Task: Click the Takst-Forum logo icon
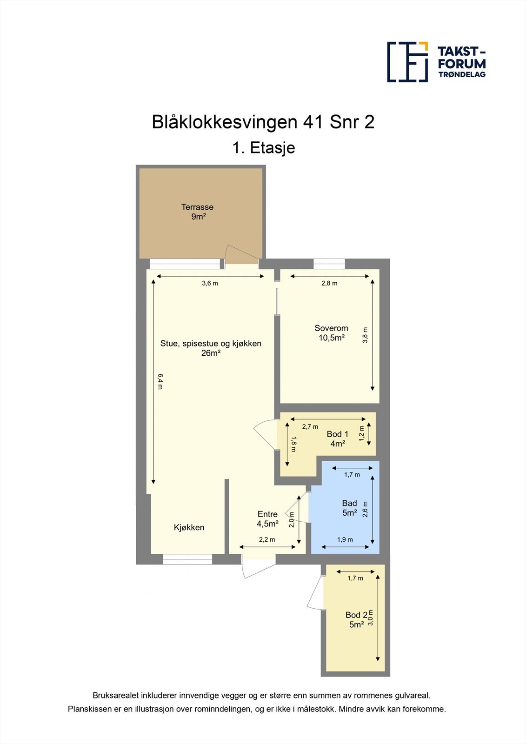point(407,62)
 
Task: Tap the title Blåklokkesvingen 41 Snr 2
point(263,122)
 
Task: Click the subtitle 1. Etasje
point(263,148)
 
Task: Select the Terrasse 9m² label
point(198,212)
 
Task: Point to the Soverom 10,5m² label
point(331,333)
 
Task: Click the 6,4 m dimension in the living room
point(160,381)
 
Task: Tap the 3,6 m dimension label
point(210,283)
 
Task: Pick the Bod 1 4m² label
point(337,438)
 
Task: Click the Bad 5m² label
point(349,508)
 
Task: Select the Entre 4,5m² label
point(267,518)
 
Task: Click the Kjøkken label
point(189,527)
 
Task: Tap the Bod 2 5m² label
point(356,620)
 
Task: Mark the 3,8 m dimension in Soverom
point(365,335)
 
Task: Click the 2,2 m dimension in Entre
point(267,540)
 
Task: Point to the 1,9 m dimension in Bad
point(345,540)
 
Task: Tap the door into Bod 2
point(315,593)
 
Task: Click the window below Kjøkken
point(187,559)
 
